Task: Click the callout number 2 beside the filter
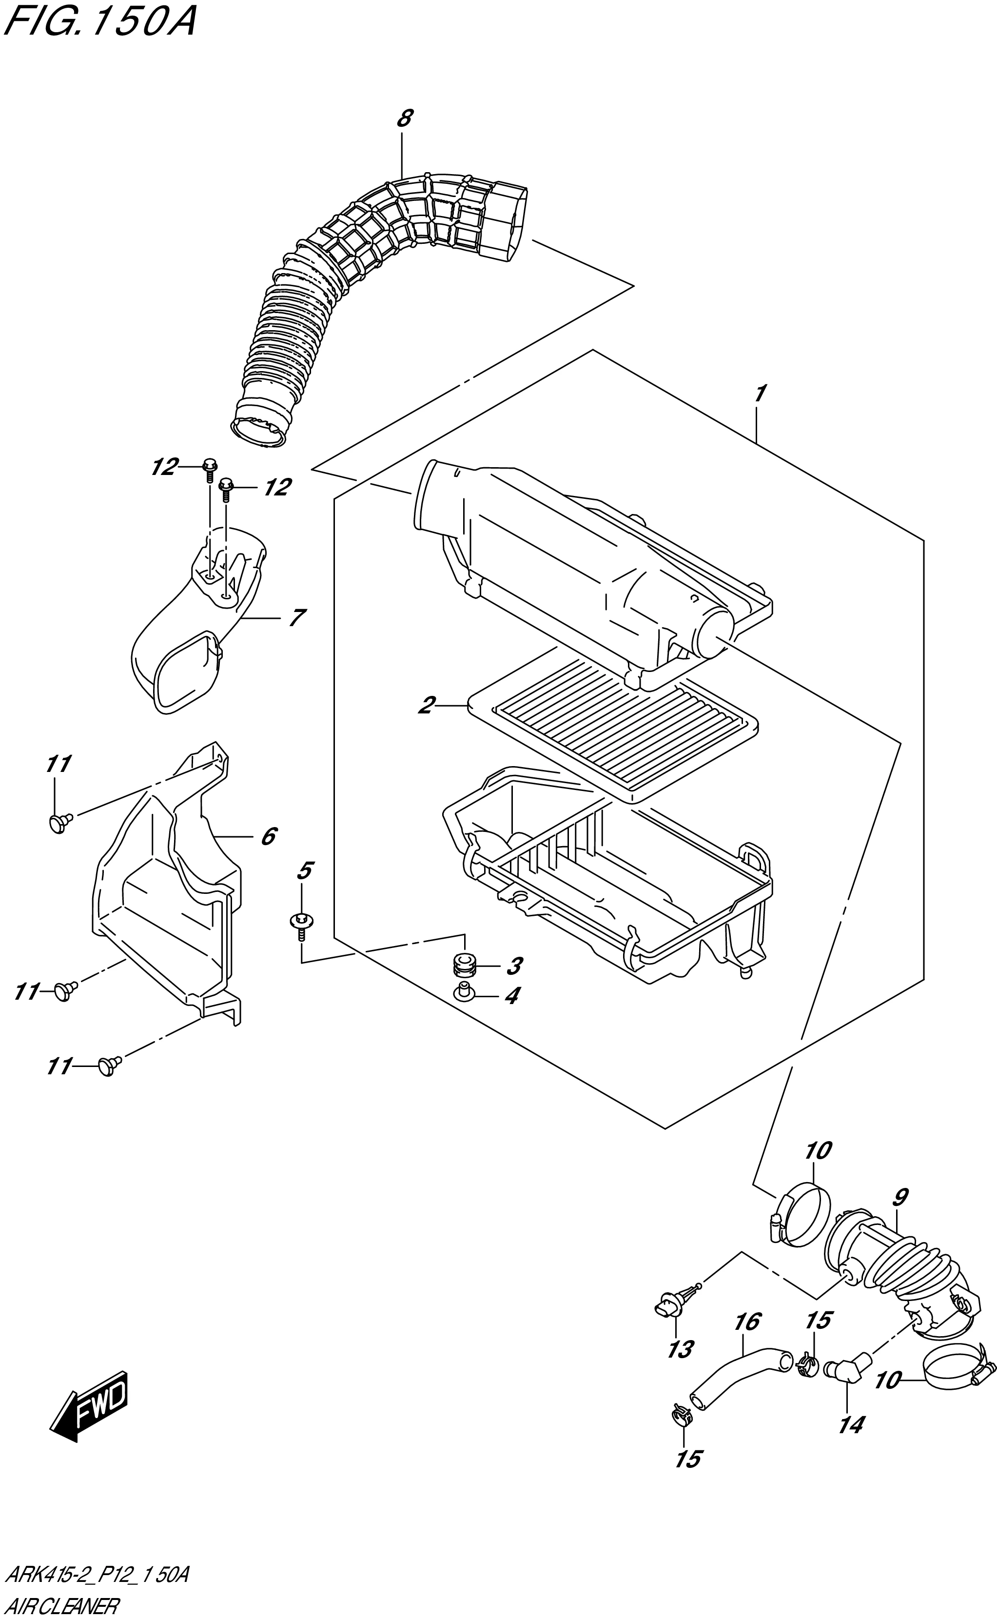pos(427,705)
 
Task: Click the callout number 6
pos(268,836)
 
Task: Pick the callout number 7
pos(297,618)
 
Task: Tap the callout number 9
pos(901,1196)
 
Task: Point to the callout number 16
pos(748,1322)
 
